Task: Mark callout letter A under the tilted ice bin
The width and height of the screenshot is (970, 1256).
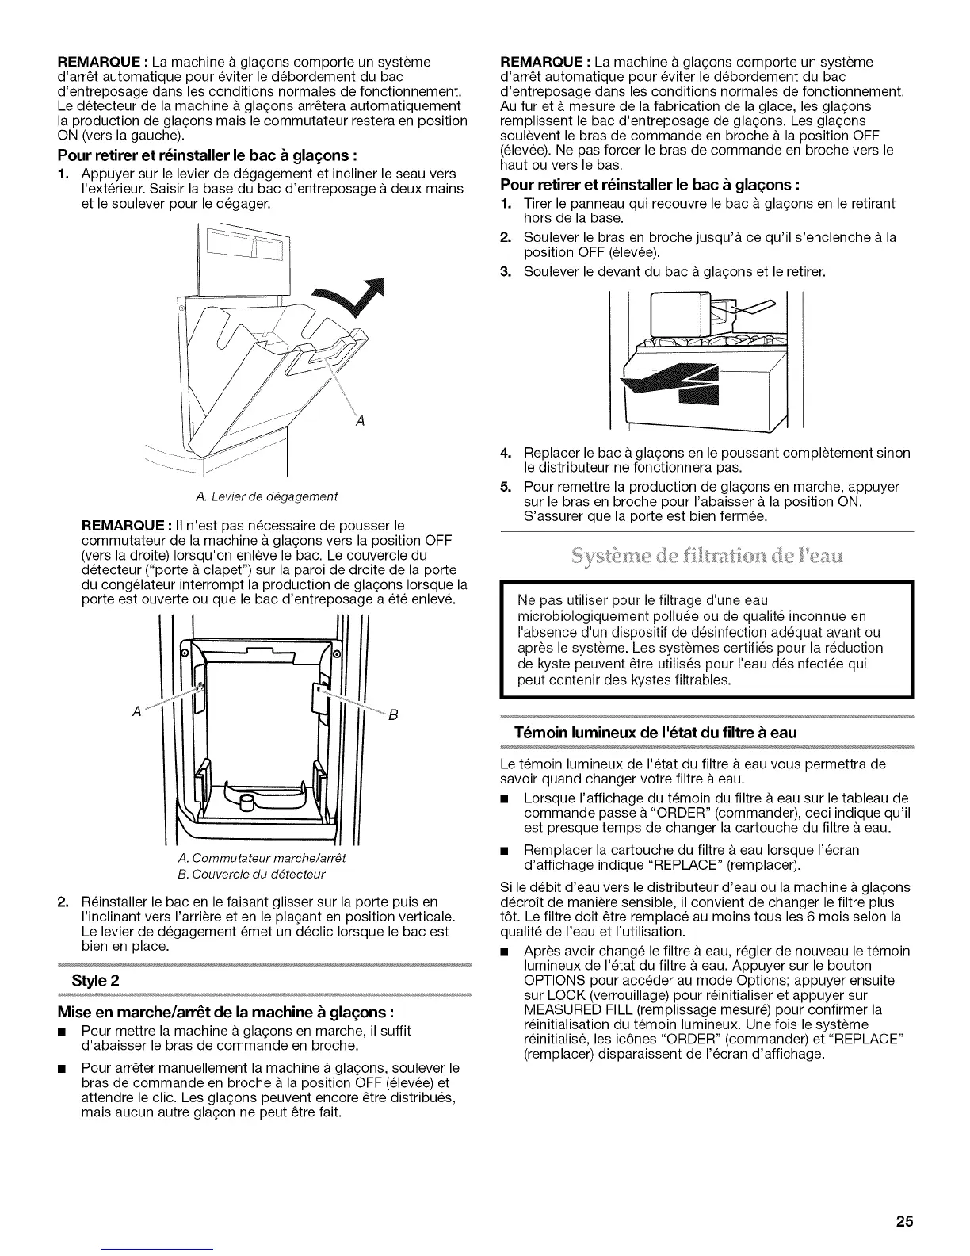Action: (x=360, y=420)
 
